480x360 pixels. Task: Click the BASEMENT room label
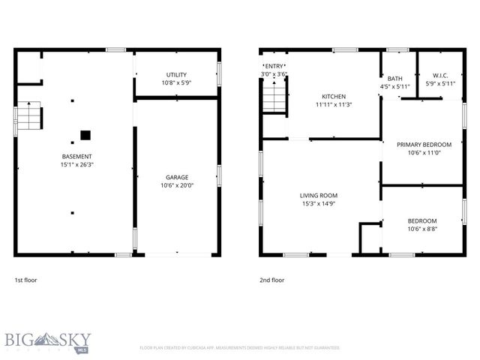pyautogui.click(x=77, y=156)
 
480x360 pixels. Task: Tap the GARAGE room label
pyautogui.click(x=177, y=178)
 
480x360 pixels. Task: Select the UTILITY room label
pyautogui.click(x=177, y=74)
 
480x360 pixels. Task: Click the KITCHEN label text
pyautogui.click(x=334, y=97)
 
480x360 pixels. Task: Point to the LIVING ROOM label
pyautogui.click(x=319, y=194)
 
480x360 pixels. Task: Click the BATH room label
pyautogui.click(x=394, y=79)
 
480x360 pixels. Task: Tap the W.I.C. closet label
pyautogui.click(x=440, y=74)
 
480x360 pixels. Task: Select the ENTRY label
pyautogui.click(x=274, y=67)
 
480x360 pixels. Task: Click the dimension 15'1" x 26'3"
pyautogui.click(x=77, y=164)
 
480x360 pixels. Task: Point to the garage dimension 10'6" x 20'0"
pyautogui.click(x=177, y=186)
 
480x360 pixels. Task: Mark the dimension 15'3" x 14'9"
pyautogui.click(x=319, y=202)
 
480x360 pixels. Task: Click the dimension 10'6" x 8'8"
pyautogui.click(x=422, y=229)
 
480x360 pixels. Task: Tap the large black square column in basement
pyautogui.click(x=85, y=135)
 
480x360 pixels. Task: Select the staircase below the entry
pyautogui.click(x=274, y=97)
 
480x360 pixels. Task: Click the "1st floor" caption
pyautogui.click(x=25, y=280)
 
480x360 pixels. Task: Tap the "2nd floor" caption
pyautogui.click(x=272, y=280)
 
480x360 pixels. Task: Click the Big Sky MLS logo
pyautogui.click(x=46, y=341)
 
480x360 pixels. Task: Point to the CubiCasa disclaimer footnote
pyautogui.click(x=240, y=348)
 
